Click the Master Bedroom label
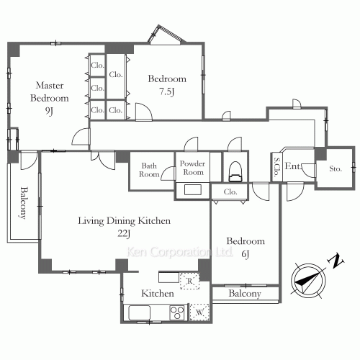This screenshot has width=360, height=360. [50, 91]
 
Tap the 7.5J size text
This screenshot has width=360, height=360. [167, 91]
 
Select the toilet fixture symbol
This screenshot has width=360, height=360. [235, 171]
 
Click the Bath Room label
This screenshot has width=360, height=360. [149, 170]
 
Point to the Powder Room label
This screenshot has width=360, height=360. [192, 168]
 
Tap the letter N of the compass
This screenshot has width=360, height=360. [336, 261]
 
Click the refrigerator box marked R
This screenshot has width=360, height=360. [189, 281]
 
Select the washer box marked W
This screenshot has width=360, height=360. [199, 312]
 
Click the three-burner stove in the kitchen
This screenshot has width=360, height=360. [177, 312]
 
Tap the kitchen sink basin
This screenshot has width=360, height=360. [140, 312]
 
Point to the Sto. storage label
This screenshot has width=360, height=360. [336, 168]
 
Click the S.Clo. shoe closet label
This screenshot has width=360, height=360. [277, 167]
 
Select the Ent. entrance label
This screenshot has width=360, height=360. [292, 166]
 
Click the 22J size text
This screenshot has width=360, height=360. [124, 233]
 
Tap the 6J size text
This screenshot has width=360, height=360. [246, 254]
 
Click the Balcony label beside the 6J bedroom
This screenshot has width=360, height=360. [245, 294]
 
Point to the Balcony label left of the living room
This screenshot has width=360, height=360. [24, 203]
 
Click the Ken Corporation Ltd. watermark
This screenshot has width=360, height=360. [179, 252]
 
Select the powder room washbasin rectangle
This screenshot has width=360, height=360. [193, 190]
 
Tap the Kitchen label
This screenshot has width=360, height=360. [158, 293]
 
